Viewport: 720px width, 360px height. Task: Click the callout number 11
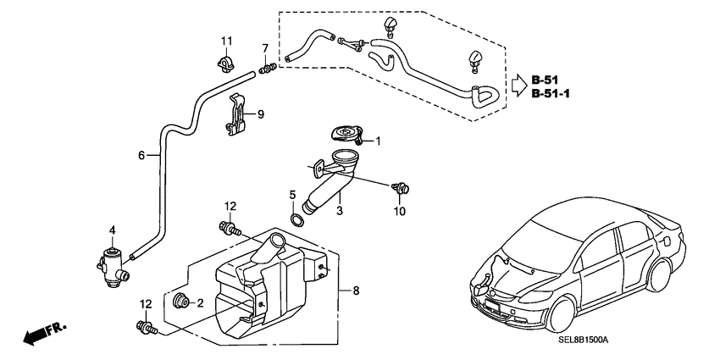(x=226, y=42)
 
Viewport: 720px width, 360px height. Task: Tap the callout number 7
(x=265, y=47)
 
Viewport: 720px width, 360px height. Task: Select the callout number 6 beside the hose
(x=142, y=155)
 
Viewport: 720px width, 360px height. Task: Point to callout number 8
(x=356, y=291)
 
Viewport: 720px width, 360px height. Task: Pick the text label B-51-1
(x=551, y=94)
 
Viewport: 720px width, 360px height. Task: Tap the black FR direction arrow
(x=34, y=336)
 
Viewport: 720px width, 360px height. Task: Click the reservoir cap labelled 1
(x=344, y=134)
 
